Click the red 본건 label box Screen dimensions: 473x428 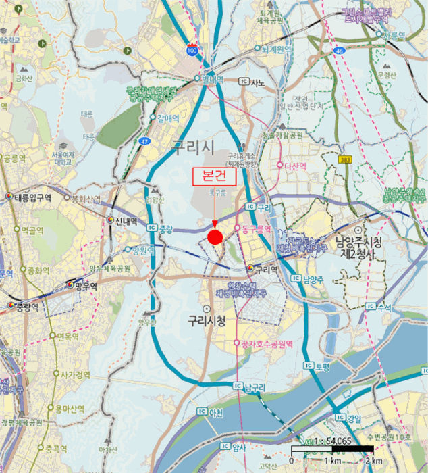(215, 176)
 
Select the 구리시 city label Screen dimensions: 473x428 (192, 145)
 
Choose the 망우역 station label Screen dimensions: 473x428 (88, 286)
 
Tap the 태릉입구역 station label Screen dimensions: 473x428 (33, 197)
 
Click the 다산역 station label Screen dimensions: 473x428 (296, 166)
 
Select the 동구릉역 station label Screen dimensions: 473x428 (257, 230)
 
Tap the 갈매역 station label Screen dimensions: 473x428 (167, 118)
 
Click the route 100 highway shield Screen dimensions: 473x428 (193, 50)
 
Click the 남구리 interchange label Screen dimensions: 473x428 (257, 387)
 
